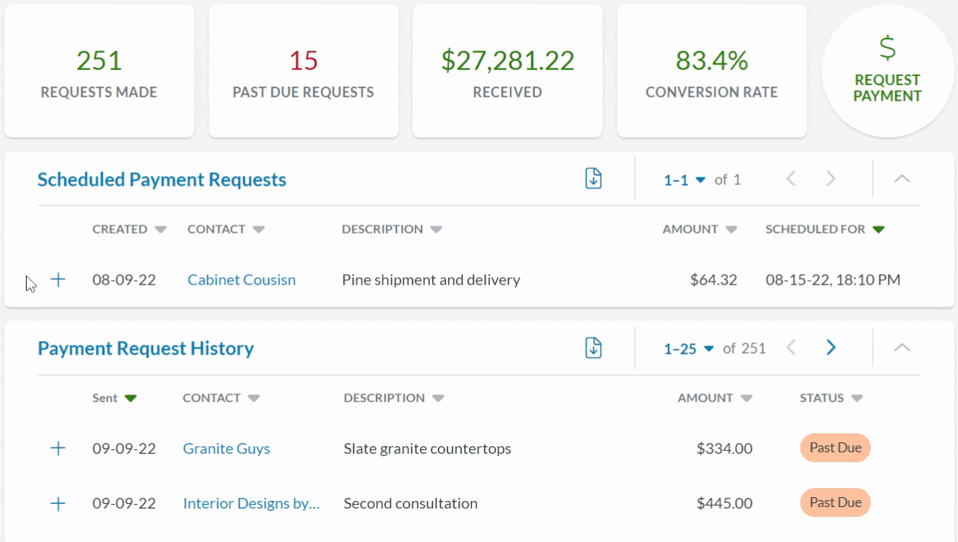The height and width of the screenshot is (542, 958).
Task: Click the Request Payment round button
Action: tap(886, 72)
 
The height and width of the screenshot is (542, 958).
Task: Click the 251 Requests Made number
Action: tap(99, 61)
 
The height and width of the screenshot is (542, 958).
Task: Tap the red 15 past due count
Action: tap(303, 61)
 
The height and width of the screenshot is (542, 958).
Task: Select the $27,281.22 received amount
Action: tap(508, 61)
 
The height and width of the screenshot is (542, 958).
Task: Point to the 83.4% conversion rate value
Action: tap(711, 61)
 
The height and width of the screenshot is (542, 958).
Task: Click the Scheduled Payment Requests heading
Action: tap(161, 180)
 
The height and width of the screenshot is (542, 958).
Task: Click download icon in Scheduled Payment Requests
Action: tap(594, 179)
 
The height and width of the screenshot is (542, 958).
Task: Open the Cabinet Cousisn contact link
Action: tap(241, 279)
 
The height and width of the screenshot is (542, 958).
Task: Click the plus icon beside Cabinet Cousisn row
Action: tap(58, 279)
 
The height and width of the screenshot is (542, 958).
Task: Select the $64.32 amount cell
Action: tap(713, 279)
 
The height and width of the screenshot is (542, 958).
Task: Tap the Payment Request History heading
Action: tap(145, 349)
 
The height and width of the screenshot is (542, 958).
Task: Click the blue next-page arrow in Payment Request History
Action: tap(831, 348)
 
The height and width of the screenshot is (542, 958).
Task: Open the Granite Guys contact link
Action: tap(226, 448)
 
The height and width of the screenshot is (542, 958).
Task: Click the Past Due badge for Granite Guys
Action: tap(835, 448)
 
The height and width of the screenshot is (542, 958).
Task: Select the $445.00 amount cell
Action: tap(724, 503)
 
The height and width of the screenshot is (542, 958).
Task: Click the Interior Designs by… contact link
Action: tap(251, 503)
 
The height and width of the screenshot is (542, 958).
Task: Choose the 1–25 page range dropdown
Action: tap(688, 349)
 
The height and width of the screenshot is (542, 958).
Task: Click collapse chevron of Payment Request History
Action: tap(902, 348)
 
